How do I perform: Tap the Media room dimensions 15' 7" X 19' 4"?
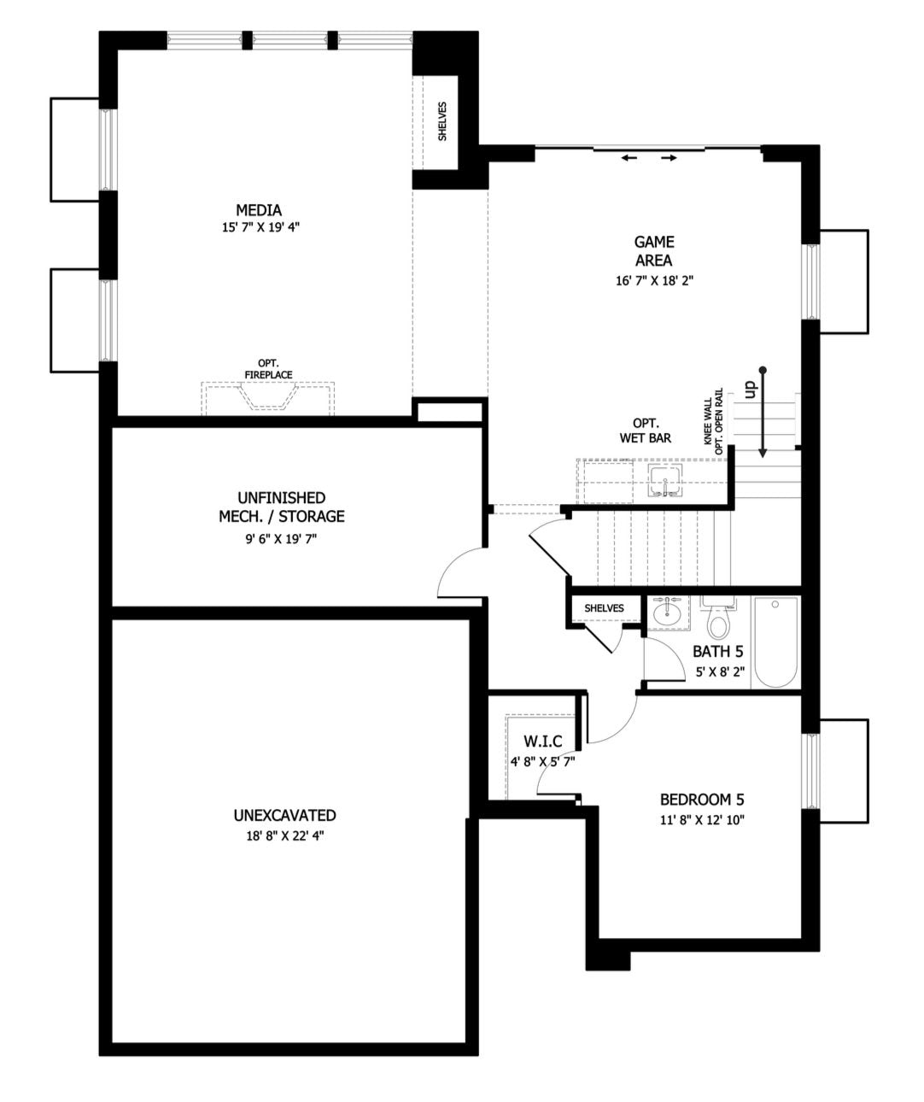point(260,227)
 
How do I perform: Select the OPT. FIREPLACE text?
point(268,368)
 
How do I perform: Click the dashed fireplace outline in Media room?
point(268,398)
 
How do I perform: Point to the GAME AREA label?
point(654,251)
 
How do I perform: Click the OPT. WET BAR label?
point(646,431)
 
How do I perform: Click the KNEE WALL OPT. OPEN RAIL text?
point(713,422)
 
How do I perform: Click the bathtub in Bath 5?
point(775,642)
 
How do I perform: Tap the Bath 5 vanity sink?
point(668,614)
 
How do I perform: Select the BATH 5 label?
point(717,652)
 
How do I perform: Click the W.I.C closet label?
point(543,742)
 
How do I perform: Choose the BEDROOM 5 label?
point(702,800)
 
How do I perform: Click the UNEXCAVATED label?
point(284,816)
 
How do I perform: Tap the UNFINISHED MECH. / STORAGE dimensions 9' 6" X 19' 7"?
point(281,539)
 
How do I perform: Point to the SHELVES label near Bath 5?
point(604,608)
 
